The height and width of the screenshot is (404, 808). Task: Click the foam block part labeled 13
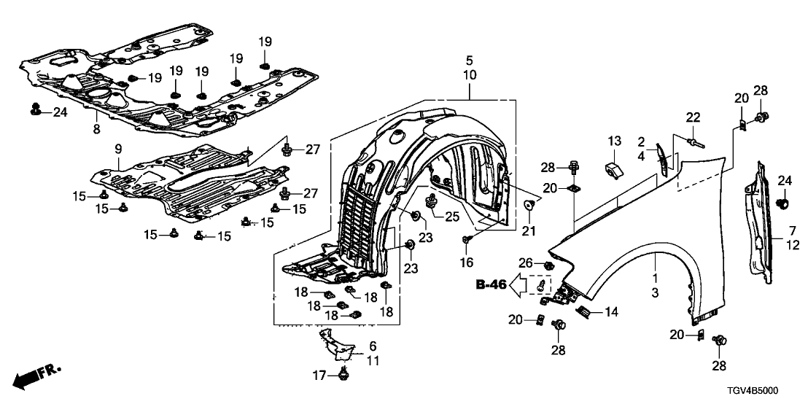(x=613, y=169)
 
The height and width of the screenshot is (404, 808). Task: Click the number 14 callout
(x=610, y=312)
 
